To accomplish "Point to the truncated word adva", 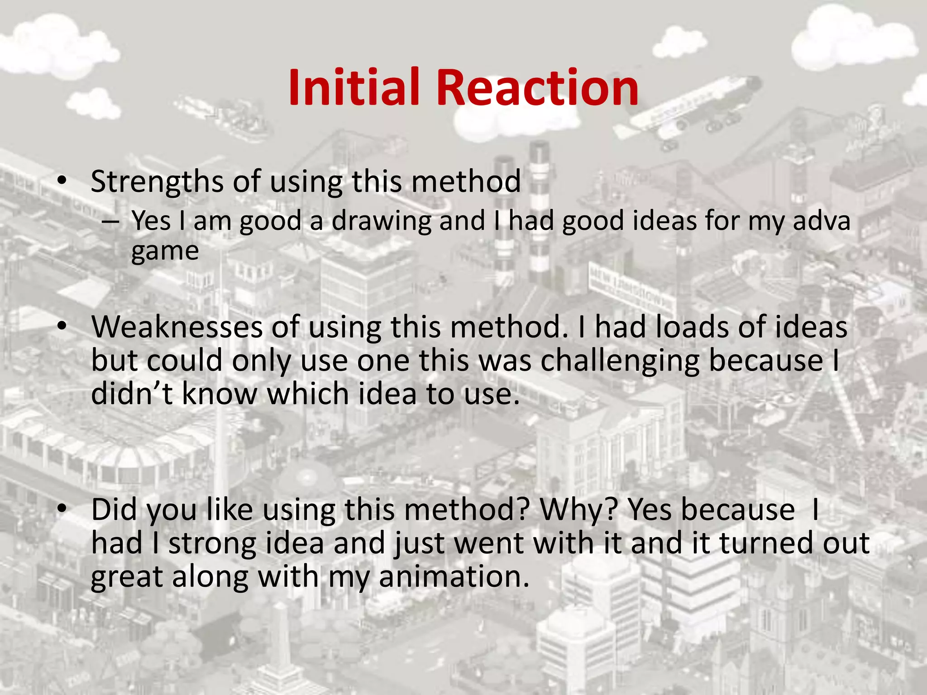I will pyautogui.click(x=822, y=221).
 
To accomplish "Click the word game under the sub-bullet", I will pyautogui.click(x=165, y=252).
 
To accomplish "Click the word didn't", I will pyautogui.click(x=132, y=394).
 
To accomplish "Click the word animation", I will pyautogui.click(x=454, y=577).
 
